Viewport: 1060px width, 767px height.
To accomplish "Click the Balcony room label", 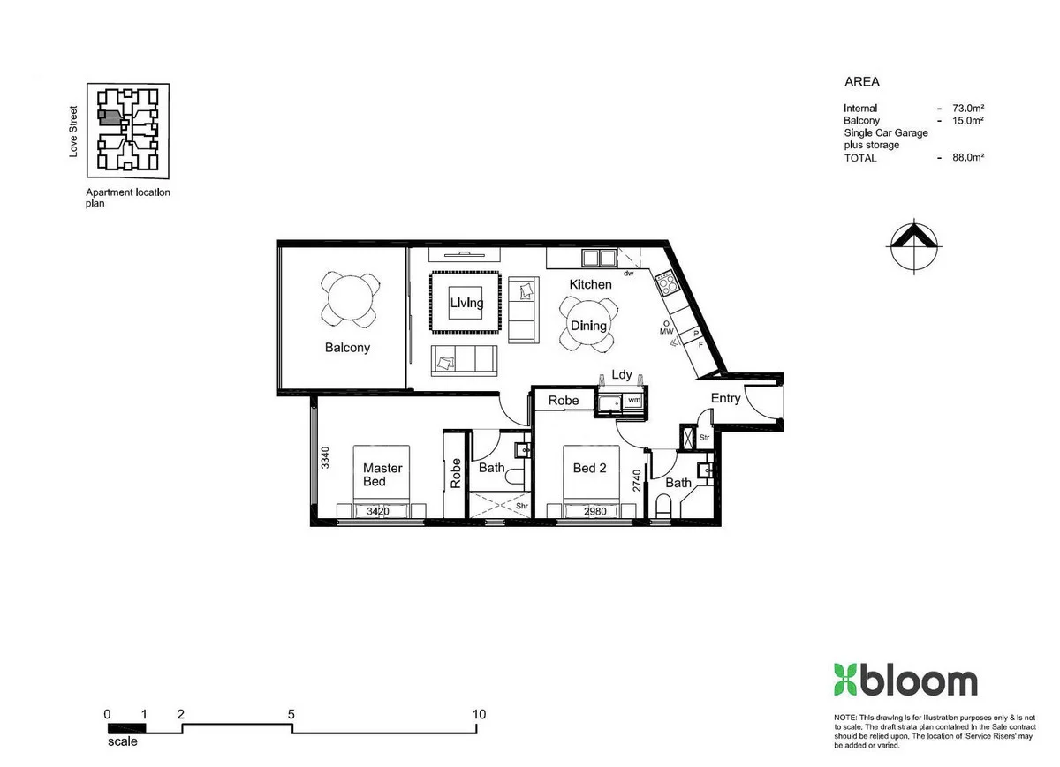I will pos(347,348).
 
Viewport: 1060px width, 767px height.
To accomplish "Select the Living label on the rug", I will pos(466,303).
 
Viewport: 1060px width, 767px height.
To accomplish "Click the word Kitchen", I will pos(590,284).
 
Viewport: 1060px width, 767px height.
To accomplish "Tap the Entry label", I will pos(726,398).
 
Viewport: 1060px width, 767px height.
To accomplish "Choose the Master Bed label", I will pos(382,475).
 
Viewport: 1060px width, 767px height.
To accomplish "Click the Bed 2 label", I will pos(590,468).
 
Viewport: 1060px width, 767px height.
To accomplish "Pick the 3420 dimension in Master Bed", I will pos(378,510).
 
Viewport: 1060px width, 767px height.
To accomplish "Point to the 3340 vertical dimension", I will pos(325,458).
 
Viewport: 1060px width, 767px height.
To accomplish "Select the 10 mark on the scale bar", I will pos(479,714).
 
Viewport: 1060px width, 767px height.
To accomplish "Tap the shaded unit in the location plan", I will pos(108,115).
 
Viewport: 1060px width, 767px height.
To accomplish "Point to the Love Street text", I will pos(74,132).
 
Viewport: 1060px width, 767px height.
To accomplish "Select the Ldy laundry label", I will pos(622,375).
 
